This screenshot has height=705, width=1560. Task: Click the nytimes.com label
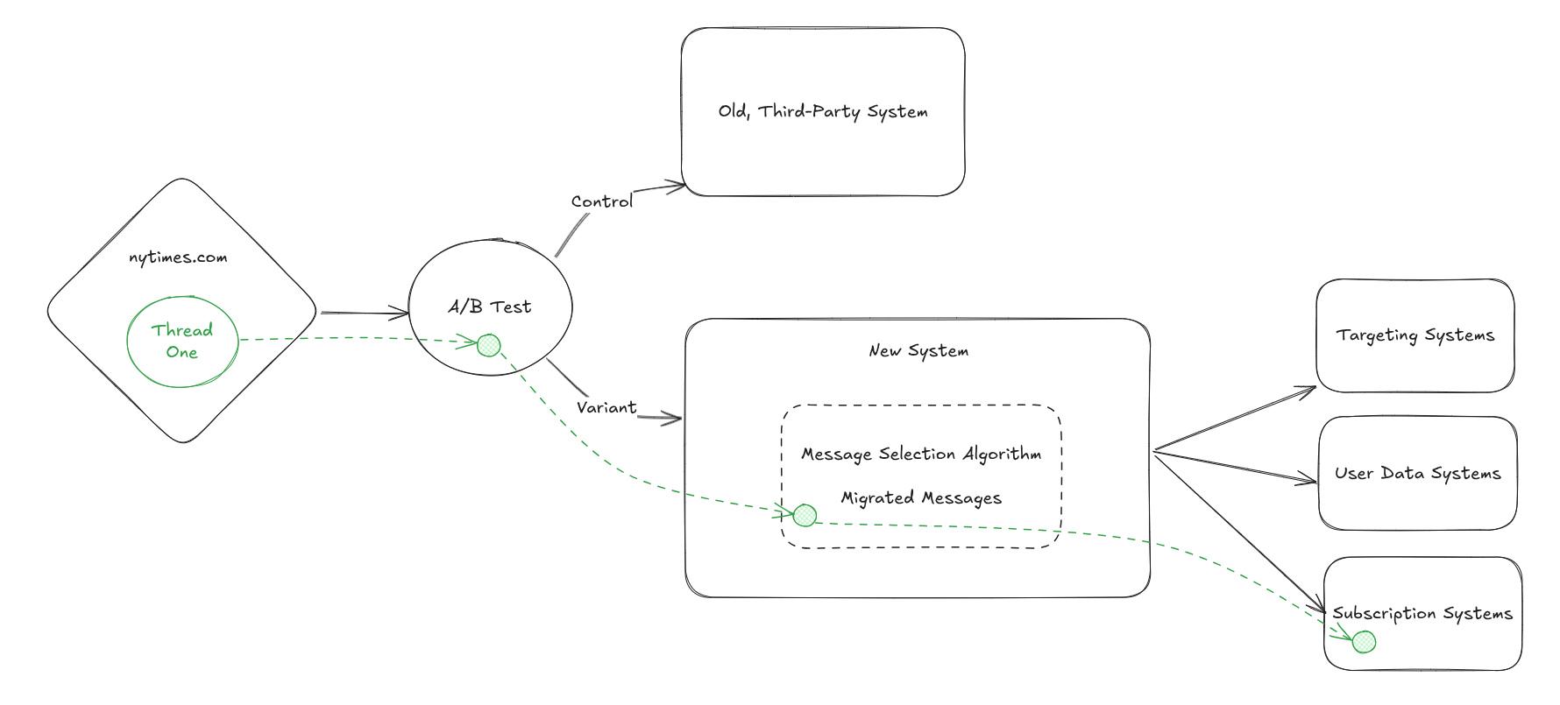(178, 257)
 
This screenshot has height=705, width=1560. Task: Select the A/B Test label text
(490, 307)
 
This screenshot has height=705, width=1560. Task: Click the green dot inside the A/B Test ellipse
(489, 345)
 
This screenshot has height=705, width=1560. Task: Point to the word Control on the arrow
(601, 201)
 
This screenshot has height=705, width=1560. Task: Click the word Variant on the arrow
(606, 407)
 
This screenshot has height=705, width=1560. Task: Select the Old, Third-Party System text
(823, 111)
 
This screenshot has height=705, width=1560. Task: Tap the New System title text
(918, 350)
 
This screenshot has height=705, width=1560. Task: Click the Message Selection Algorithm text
(921, 454)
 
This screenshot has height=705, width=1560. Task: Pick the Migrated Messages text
(921, 497)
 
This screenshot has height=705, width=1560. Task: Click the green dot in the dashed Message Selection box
(805, 516)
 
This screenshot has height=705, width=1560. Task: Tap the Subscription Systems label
(1422, 613)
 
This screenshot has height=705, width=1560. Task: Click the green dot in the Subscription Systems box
(1364, 642)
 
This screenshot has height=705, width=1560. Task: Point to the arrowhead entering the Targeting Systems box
(1308, 389)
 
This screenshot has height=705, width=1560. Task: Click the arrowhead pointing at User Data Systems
(1309, 480)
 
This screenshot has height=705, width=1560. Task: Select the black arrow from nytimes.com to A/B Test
(364, 313)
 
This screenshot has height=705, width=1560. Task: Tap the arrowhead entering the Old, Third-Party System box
(677, 185)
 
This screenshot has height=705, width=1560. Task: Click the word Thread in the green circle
(182, 330)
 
